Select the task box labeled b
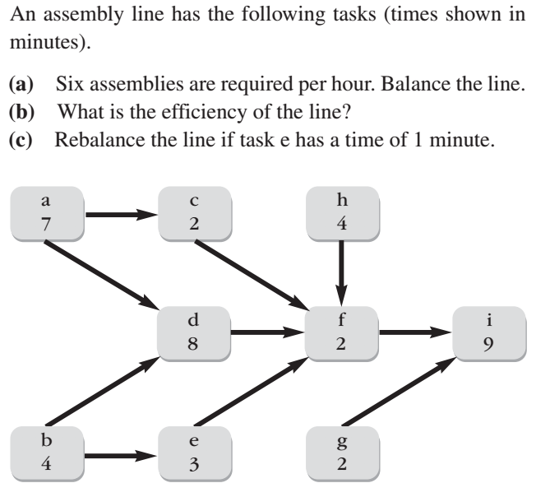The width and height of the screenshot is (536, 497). coord(46,453)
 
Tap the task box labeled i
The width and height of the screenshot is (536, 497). coord(488,333)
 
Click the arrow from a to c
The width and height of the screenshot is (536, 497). coord(120,216)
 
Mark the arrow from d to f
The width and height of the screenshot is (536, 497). coord(267,334)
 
